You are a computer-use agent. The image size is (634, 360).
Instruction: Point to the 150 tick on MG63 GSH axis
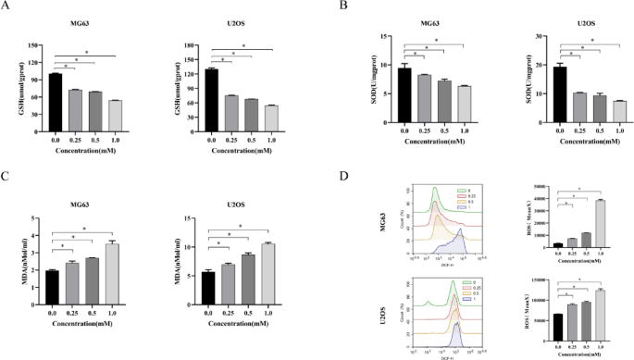tap(35, 45)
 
